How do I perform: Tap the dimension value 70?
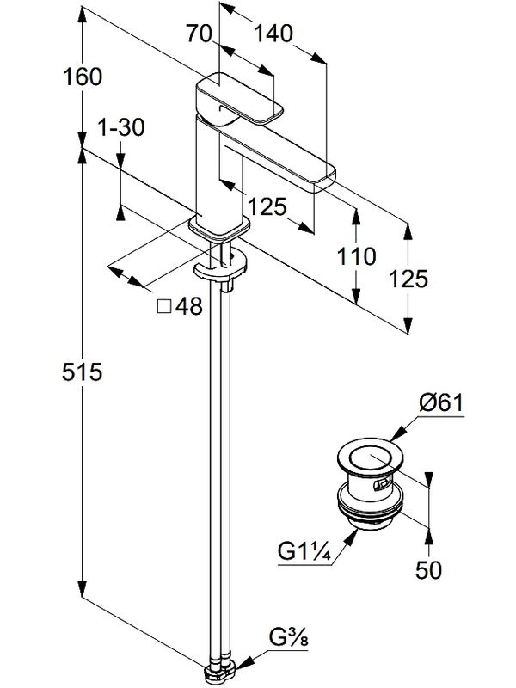point(199,34)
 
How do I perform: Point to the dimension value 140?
point(273,34)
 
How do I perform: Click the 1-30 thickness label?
point(121,128)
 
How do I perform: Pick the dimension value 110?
point(356,255)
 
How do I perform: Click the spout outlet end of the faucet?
point(325,175)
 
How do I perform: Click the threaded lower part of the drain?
point(369,513)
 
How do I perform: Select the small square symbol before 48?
point(164,307)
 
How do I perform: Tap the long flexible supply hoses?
point(224,473)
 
